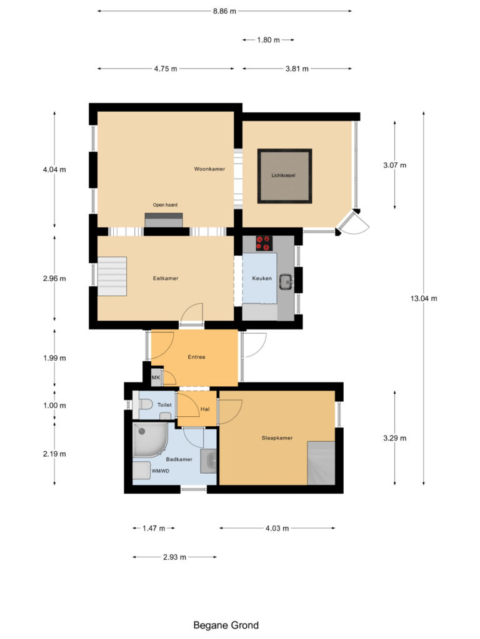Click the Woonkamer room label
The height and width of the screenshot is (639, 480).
[x=209, y=169]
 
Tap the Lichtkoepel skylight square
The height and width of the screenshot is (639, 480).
[x=284, y=176]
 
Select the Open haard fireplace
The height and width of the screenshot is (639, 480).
[x=164, y=220]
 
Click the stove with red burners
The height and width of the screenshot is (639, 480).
[x=264, y=243]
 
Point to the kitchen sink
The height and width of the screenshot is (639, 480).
[x=286, y=281]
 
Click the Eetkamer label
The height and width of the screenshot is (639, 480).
[x=166, y=278]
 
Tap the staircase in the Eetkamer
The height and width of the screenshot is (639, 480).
[x=112, y=276]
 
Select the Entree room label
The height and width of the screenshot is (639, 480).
[x=197, y=358]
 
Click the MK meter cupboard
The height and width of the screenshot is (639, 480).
[x=156, y=378]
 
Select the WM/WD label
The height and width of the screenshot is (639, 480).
[x=161, y=471]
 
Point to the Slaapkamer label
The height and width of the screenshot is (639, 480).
[x=277, y=438]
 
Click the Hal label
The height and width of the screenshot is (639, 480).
[x=204, y=410]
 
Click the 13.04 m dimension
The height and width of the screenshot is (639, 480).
[x=424, y=298]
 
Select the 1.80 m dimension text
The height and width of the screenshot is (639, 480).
[x=267, y=40]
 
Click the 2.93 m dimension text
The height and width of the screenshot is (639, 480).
[x=174, y=557]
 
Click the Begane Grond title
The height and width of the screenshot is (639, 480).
[x=226, y=625]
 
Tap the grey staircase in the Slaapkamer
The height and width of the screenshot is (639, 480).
[x=321, y=462]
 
